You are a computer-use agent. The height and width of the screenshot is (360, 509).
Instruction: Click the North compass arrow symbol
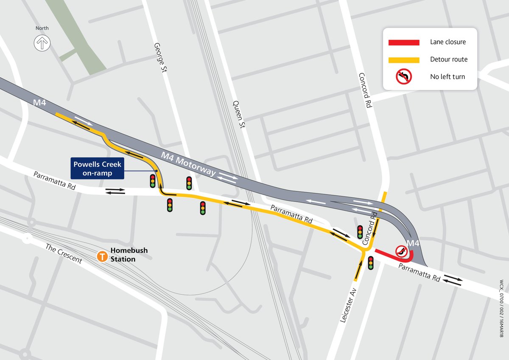[42, 43]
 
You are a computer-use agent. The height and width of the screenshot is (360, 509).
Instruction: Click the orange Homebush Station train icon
[102, 256]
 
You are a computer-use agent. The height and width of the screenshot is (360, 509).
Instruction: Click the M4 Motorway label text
[189, 165]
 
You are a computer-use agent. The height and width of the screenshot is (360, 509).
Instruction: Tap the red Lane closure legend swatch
[404, 42]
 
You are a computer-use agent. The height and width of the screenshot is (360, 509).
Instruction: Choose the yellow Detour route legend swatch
[404, 60]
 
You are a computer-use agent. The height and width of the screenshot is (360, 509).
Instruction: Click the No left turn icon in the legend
[404, 77]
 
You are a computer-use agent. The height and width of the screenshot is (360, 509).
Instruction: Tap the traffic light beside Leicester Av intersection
[371, 263]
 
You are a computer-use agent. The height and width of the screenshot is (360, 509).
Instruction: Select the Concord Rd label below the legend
[365, 90]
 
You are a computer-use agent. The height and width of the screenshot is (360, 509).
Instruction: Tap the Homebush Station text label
[129, 255]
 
